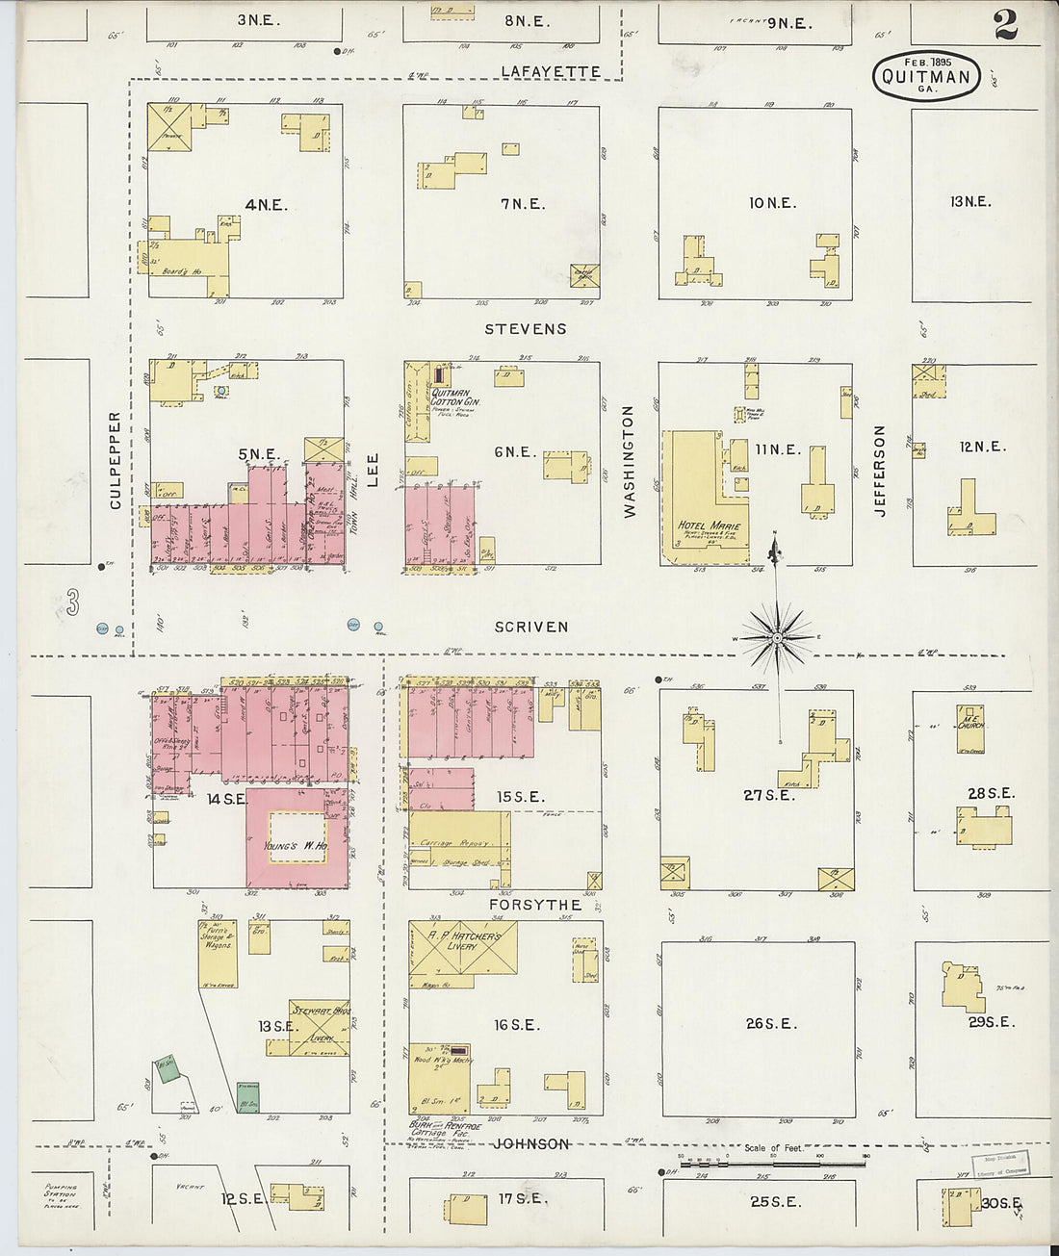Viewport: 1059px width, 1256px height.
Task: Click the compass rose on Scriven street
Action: [776, 637]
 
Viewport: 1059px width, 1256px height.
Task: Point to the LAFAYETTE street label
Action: [551, 72]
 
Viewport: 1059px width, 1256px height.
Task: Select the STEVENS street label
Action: [525, 329]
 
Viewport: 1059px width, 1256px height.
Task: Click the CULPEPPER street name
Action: [115, 460]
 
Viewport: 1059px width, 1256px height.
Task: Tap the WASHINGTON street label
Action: [629, 461]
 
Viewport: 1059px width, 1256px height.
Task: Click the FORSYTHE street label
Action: [535, 905]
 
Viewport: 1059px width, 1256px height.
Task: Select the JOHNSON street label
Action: [530, 1144]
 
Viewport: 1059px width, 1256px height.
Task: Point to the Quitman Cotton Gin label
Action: [455, 397]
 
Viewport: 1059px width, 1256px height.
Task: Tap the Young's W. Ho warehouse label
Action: [297, 847]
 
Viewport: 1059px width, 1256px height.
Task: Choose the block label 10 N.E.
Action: [771, 203]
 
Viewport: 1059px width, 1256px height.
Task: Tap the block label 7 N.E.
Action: [522, 204]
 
